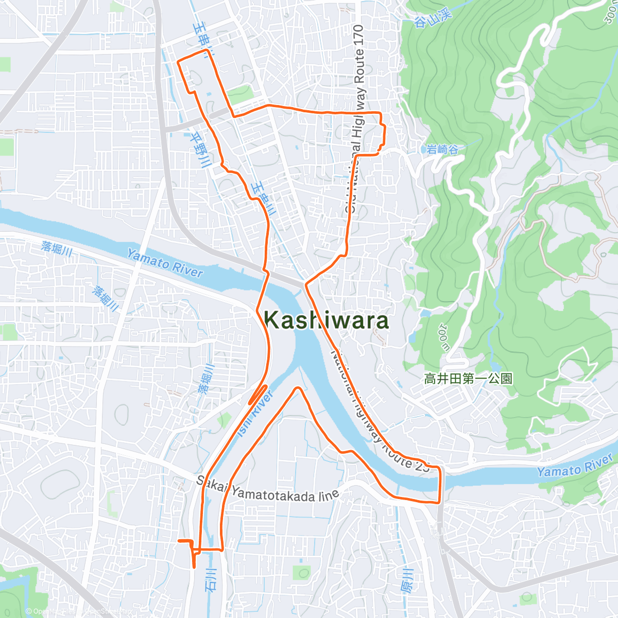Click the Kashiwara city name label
pyautogui.click(x=327, y=320)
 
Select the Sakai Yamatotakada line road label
pyautogui.click(x=268, y=490)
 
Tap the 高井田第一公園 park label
pyautogui.click(x=468, y=379)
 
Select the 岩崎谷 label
pyautogui.click(x=442, y=150)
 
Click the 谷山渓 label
pyautogui.click(x=433, y=19)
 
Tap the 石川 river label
pyautogui.click(x=212, y=579)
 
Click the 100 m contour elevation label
pyautogui.click(x=444, y=337)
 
